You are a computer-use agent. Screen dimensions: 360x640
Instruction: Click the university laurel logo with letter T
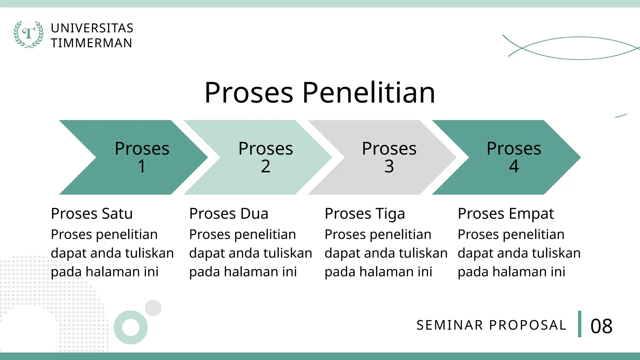click(x=28, y=34)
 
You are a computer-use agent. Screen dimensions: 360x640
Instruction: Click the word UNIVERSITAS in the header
click(x=92, y=28)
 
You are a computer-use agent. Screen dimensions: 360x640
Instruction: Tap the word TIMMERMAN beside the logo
click(x=92, y=43)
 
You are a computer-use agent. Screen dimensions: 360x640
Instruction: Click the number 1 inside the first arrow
click(x=142, y=166)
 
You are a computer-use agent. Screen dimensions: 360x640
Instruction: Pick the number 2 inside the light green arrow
click(x=265, y=166)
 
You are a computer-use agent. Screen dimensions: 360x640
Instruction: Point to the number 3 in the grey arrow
click(x=389, y=166)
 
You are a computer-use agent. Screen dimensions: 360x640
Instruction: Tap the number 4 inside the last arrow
click(x=514, y=166)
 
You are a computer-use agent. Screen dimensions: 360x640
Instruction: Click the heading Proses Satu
click(x=92, y=214)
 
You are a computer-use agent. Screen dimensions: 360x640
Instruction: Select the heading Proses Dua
click(x=229, y=214)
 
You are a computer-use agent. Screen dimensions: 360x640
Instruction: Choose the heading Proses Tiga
click(x=365, y=214)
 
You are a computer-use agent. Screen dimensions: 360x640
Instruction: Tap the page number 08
click(x=601, y=326)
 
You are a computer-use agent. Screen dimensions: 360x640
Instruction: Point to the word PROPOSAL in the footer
click(x=527, y=325)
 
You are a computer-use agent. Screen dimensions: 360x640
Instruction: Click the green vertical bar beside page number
click(x=579, y=324)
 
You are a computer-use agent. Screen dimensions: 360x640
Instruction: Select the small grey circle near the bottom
click(x=153, y=308)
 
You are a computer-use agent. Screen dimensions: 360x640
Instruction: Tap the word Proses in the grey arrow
click(x=389, y=148)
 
